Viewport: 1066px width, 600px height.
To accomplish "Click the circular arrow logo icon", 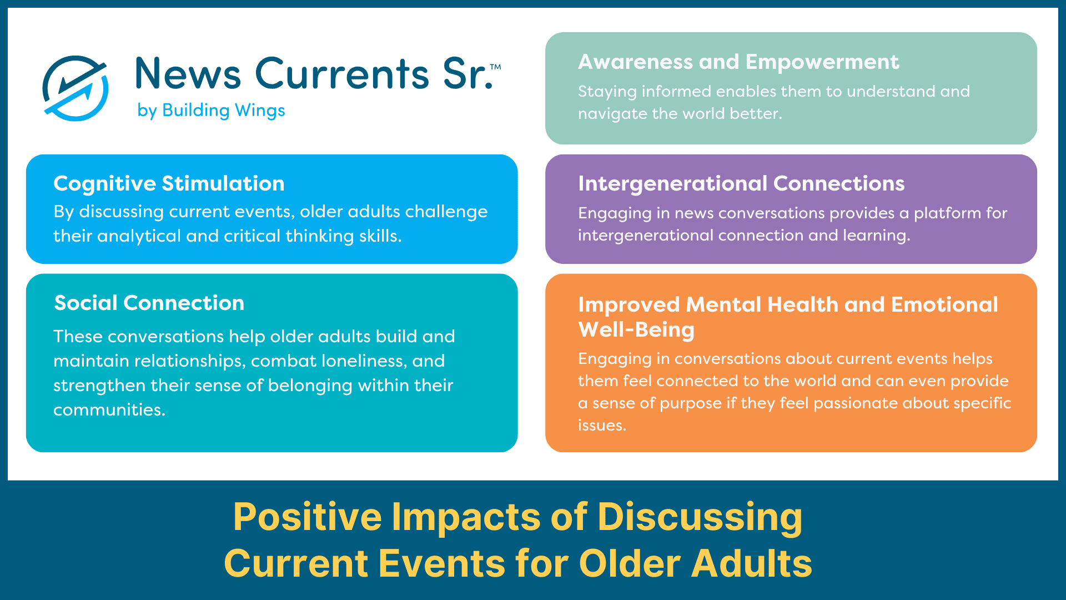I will point(76,88).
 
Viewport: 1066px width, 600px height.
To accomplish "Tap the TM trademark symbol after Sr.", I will point(495,67).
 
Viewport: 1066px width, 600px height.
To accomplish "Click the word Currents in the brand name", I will point(341,74).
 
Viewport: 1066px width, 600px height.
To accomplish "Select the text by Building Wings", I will point(211,111).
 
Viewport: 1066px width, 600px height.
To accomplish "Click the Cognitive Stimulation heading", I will point(169,183).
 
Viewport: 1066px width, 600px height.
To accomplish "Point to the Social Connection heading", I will point(149,303).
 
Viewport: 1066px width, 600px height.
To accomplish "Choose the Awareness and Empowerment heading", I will point(738,62).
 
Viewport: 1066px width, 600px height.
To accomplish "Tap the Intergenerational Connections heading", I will point(741,183).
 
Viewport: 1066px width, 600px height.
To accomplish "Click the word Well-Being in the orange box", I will point(636,329).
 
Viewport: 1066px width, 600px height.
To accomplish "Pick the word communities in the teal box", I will point(109,410).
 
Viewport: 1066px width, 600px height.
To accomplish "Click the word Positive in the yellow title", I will point(307,517).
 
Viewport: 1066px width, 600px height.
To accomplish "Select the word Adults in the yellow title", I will point(751,563).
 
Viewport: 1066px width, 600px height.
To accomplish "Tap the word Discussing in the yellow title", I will point(700,517).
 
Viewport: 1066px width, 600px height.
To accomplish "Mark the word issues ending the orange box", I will point(601,426).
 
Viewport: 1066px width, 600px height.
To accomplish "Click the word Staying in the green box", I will point(607,92).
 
